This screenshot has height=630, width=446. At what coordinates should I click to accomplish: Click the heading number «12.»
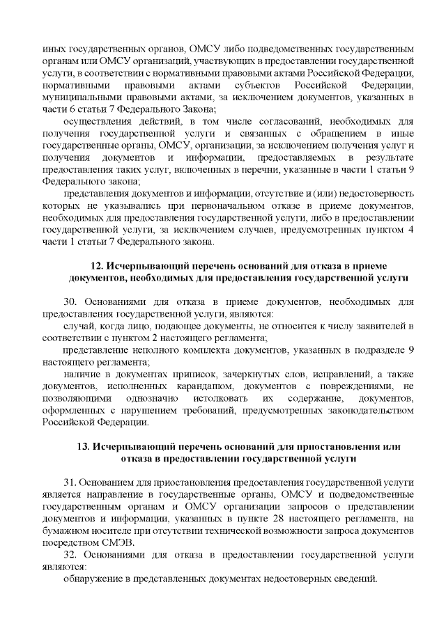pos(99,266)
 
